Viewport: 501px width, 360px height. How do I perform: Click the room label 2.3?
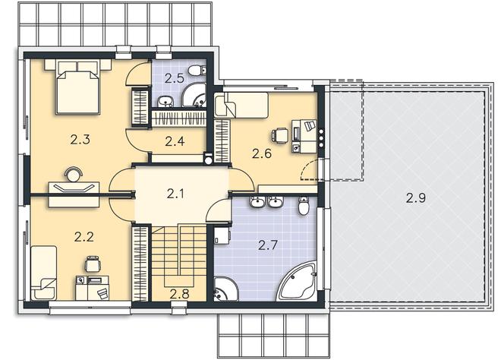pyautogui.click(x=80, y=140)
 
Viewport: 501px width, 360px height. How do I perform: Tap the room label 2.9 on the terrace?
pyautogui.click(x=416, y=198)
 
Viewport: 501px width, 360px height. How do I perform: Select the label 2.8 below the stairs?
pyautogui.click(x=179, y=294)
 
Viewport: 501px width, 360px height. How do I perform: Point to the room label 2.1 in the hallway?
pyautogui.click(x=175, y=194)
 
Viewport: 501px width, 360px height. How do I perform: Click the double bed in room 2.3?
pyautogui.click(x=77, y=87)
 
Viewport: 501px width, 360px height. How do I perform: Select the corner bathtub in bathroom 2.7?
pyautogui.click(x=298, y=282)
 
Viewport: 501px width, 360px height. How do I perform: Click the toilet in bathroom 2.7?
pyautogui.click(x=304, y=207)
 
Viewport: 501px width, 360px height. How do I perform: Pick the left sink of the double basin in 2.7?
pyautogui.click(x=257, y=201)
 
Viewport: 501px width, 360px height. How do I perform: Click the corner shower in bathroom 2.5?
pyautogui.click(x=195, y=95)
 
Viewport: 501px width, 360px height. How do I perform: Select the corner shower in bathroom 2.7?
pyautogui.click(x=225, y=289)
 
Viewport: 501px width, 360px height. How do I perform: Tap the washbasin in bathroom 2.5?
pyautogui.click(x=165, y=101)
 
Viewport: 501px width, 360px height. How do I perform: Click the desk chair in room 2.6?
pyautogui.click(x=280, y=135)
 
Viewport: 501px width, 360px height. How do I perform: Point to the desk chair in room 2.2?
pyautogui.click(x=93, y=264)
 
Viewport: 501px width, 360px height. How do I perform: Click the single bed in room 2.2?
pyautogui.click(x=44, y=273)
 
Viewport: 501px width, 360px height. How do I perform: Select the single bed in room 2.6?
pyautogui.click(x=241, y=105)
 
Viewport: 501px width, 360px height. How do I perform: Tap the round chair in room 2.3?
pyautogui.click(x=74, y=174)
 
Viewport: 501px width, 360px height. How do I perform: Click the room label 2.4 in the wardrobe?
pyautogui.click(x=175, y=141)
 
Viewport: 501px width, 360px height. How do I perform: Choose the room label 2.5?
pyautogui.click(x=175, y=78)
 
